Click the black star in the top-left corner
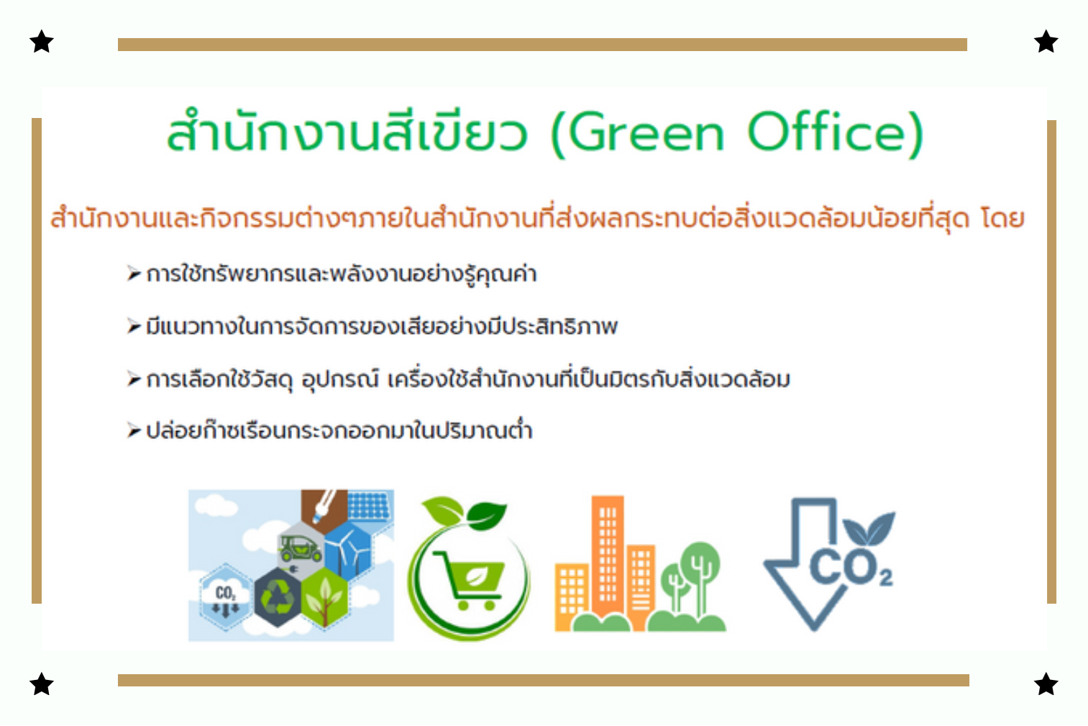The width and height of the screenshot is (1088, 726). pyautogui.click(x=42, y=41)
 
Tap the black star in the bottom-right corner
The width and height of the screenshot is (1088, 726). pyautogui.click(x=1046, y=684)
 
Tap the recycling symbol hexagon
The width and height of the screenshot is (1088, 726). pyautogui.click(x=278, y=597)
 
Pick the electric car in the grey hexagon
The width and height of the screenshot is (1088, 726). pyautogui.click(x=300, y=549)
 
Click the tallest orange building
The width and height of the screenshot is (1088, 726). pyautogui.click(x=607, y=559)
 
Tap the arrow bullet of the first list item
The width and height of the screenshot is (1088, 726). pyautogui.click(x=134, y=273)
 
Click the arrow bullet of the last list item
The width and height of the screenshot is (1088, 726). pyautogui.click(x=134, y=430)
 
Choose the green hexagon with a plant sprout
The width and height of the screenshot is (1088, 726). pyautogui.click(x=324, y=598)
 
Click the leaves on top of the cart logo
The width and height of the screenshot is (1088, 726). pyautogui.click(x=464, y=513)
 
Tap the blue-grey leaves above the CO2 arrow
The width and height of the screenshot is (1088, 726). pyautogui.click(x=869, y=529)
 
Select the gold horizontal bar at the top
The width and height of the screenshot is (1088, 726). pyautogui.click(x=542, y=44)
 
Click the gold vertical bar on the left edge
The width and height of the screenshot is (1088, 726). pyautogui.click(x=37, y=360)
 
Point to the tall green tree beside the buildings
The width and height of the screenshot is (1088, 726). pyautogui.click(x=700, y=578)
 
